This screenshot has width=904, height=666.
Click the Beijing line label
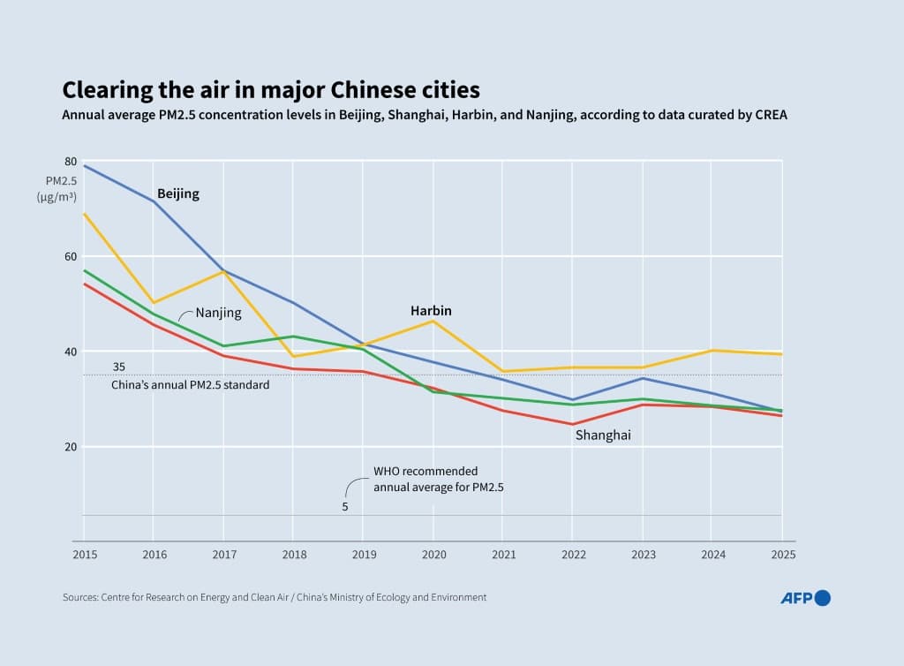coord(178,194)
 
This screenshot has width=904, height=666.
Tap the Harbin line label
coord(431,311)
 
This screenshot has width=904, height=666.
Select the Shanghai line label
coord(603,435)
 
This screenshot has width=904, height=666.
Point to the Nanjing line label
coord(218,313)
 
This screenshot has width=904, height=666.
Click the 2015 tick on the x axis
coord(84,555)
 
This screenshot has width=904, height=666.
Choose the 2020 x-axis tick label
coord(433,555)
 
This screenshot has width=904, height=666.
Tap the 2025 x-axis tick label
coord(782,555)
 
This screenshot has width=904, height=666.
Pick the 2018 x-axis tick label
coord(293,555)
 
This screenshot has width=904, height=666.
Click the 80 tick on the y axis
coord(71,162)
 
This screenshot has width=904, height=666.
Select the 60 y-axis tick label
coord(71,257)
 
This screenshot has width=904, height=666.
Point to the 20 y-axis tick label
coord(71,447)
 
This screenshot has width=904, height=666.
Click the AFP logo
coord(805,598)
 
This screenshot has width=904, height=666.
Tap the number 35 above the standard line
coord(118,367)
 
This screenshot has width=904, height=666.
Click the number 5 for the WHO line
coord(345,507)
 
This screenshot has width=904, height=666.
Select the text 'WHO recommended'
coord(426,472)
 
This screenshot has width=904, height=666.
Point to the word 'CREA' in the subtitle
coord(767,116)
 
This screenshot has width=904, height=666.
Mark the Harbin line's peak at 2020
coord(433,321)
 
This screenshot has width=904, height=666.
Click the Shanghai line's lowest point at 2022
coord(572,424)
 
